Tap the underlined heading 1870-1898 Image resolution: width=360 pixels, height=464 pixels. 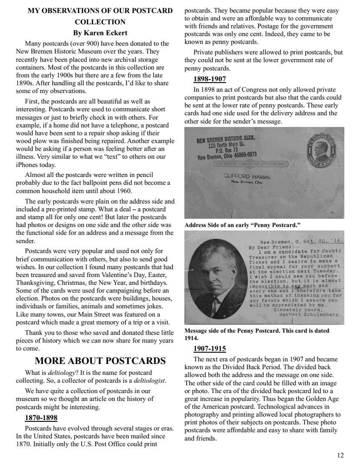click(41, 418)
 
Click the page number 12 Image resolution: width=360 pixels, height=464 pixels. click(340, 455)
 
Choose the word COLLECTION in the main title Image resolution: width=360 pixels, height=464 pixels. click(100, 22)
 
